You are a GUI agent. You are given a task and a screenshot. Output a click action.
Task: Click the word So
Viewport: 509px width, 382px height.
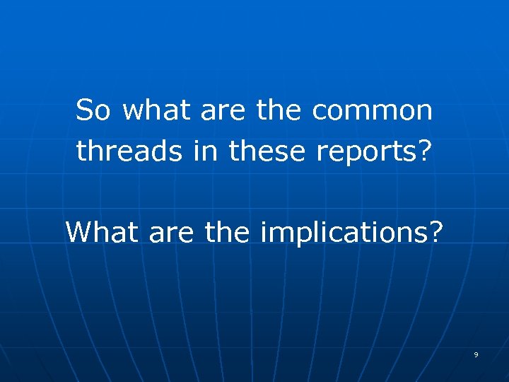[93, 110]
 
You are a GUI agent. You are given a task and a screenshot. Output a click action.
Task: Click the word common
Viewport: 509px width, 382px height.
[373, 110]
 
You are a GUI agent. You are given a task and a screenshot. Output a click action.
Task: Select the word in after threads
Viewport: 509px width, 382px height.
[207, 149]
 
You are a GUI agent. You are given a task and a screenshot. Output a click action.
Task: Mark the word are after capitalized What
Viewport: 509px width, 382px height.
[172, 232]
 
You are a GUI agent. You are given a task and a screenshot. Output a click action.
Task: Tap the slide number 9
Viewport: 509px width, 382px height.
[476, 354]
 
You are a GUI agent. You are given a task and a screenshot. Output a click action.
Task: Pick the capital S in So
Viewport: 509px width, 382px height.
[84, 110]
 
